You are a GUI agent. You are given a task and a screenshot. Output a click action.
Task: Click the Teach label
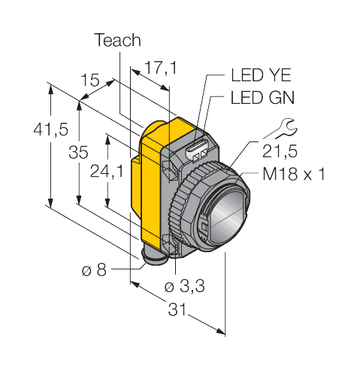117,40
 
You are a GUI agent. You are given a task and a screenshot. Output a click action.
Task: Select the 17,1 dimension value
161,67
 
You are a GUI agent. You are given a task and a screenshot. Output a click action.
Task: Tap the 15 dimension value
90,80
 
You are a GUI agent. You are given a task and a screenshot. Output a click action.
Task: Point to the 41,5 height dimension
51,129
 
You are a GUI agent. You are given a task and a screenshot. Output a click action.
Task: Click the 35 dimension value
78,152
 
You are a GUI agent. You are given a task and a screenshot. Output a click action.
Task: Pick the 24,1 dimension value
107,172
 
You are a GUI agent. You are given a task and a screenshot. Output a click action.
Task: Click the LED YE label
261,74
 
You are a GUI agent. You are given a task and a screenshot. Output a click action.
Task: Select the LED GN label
262,97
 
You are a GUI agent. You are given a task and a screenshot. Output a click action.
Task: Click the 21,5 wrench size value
280,151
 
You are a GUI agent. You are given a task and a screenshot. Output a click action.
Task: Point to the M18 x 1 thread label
294,174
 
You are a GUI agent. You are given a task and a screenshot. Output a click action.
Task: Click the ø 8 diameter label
94,270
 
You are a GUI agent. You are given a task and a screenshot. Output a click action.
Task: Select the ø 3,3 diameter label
185,286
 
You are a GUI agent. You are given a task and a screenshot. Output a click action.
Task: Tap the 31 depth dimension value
177,309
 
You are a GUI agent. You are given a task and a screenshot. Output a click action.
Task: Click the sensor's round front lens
227,216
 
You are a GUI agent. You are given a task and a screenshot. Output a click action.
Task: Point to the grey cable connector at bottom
155,257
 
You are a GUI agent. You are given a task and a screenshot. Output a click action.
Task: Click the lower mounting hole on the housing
168,242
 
